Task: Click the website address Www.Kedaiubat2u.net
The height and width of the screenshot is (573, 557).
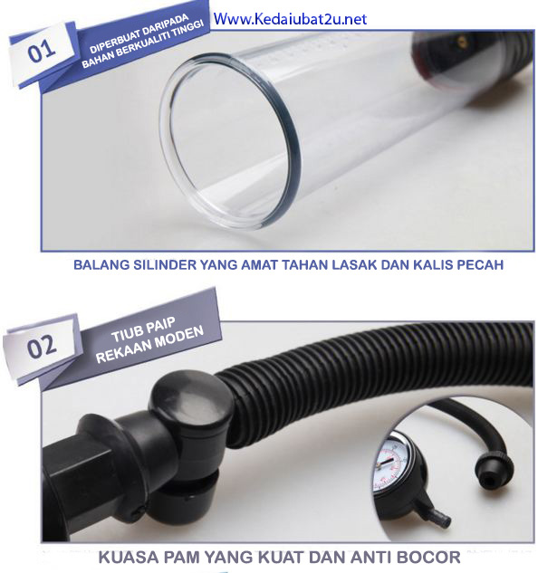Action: click(290, 19)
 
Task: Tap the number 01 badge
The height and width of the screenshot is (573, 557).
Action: click(42, 52)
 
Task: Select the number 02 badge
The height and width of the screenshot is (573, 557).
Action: click(42, 347)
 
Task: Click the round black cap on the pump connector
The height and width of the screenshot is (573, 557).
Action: click(192, 401)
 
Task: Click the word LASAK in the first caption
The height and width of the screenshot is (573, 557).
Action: click(354, 264)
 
